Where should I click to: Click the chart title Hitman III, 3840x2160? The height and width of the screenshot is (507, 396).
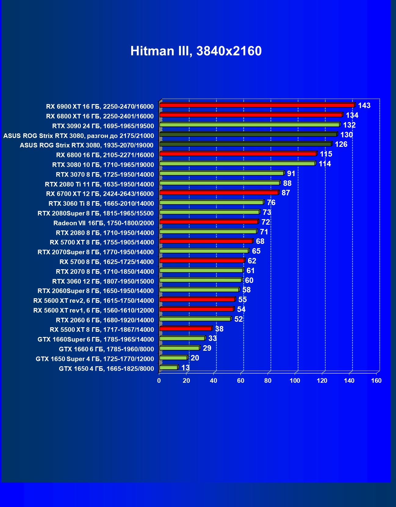click(x=196, y=51)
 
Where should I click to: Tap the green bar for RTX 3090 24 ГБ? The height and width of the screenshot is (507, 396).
click(x=249, y=125)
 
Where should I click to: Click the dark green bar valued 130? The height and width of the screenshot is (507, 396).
click(x=248, y=134)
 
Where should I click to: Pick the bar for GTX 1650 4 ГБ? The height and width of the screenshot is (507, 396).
click(x=168, y=368)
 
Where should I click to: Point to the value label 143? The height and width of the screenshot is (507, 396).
click(x=364, y=106)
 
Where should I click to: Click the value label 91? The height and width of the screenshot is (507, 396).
click(x=291, y=174)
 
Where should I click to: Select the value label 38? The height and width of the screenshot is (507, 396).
click(x=219, y=329)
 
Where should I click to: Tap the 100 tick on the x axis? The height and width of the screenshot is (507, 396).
click(x=295, y=381)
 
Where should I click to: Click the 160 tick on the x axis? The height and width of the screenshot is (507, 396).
click(x=376, y=381)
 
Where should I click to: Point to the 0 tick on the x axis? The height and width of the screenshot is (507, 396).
click(x=159, y=381)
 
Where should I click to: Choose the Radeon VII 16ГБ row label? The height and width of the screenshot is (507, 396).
click(x=103, y=223)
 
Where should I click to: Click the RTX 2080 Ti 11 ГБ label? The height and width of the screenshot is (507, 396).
click(x=99, y=184)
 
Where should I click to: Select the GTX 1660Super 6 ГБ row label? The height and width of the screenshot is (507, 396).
click(x=95, y=339)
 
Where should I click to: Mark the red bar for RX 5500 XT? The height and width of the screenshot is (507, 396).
click(x=185, y=329)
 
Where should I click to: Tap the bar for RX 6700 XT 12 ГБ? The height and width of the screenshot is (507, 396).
click(x=219, y=193)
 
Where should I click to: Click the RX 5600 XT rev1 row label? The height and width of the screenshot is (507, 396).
click(x=93, y=310)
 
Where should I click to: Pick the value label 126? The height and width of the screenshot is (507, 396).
click(x=341, y=144)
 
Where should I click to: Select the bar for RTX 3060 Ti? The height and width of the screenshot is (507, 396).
click(x=211, y=202)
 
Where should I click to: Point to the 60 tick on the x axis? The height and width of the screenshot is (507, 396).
click(x=241, y=381)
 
